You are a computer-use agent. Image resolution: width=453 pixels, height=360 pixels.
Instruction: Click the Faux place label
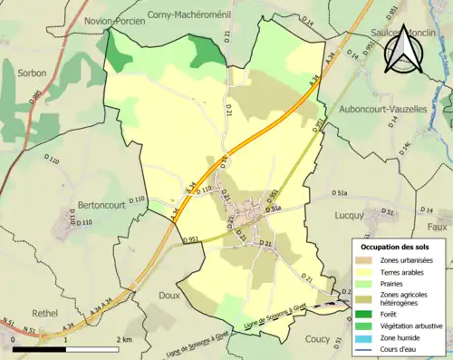[439, 228]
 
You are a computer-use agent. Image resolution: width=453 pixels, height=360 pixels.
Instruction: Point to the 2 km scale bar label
[120, 339]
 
